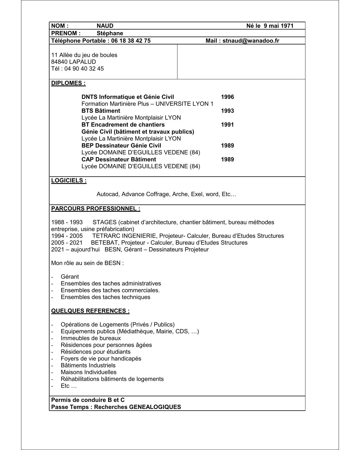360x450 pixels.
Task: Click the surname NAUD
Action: tap(105, 26)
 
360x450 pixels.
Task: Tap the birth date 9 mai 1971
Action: tap(278, 26)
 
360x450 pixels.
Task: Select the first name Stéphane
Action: tap(110, 33)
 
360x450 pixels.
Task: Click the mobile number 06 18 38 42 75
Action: tap(131, 41)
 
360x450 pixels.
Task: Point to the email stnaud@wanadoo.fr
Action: tap(251, 41)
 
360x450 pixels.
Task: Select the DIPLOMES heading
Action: tap(68, 83)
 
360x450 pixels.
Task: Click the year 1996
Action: tap(227, 97)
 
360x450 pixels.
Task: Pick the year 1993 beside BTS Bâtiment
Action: tap(227, 111)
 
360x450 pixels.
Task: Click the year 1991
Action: tap(227, 125)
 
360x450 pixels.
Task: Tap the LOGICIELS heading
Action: tap(69, 181)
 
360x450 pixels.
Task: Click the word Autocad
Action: tap(108, 194)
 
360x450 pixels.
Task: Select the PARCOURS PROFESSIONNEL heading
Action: tap(96, 209)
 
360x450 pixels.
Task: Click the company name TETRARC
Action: tap(105, 236)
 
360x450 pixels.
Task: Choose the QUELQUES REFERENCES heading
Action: tap(90, 311)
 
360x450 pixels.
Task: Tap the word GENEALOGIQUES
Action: tap(155, 407)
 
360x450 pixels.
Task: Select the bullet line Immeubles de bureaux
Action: tap(91, 338)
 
